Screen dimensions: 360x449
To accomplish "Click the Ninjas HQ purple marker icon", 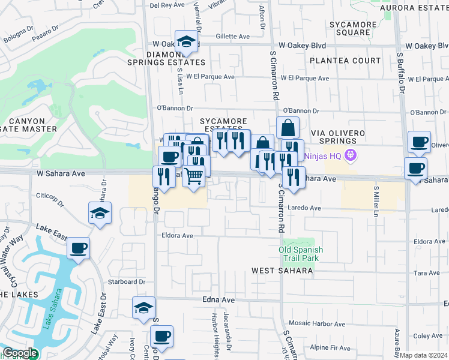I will [x=351, y=156].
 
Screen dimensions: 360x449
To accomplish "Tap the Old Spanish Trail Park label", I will [x=301, y=254].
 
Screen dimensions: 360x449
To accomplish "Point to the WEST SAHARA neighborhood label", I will [x=282, y=271].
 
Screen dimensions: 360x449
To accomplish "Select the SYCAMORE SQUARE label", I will [x=353, y=29].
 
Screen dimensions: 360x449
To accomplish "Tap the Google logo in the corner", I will [x=20, y=353].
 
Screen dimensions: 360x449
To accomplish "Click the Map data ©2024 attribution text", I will [x=423, y=355].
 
